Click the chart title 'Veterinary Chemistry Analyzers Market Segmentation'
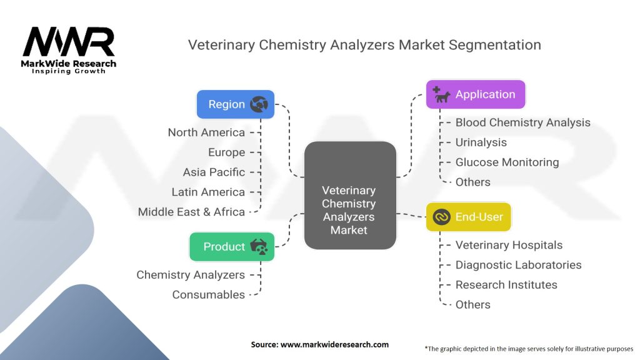click(364, 45)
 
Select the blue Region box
click(235, 104)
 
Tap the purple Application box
click(475, 95)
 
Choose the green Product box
click(232, 247)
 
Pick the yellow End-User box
click(468, 217)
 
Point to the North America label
click(206, 132)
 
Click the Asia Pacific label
click(214, 172)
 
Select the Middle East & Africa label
click(191, 212)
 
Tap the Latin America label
click(208, 192)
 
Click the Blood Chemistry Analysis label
click(522, 122)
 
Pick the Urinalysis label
click(481, 142)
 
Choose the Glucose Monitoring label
click(507, 162)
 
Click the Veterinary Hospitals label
click(509, 245)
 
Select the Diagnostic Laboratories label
click(518, 265)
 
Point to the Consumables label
click(209, 294)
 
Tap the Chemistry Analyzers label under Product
click(191, 274)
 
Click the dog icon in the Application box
click(441, 95)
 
